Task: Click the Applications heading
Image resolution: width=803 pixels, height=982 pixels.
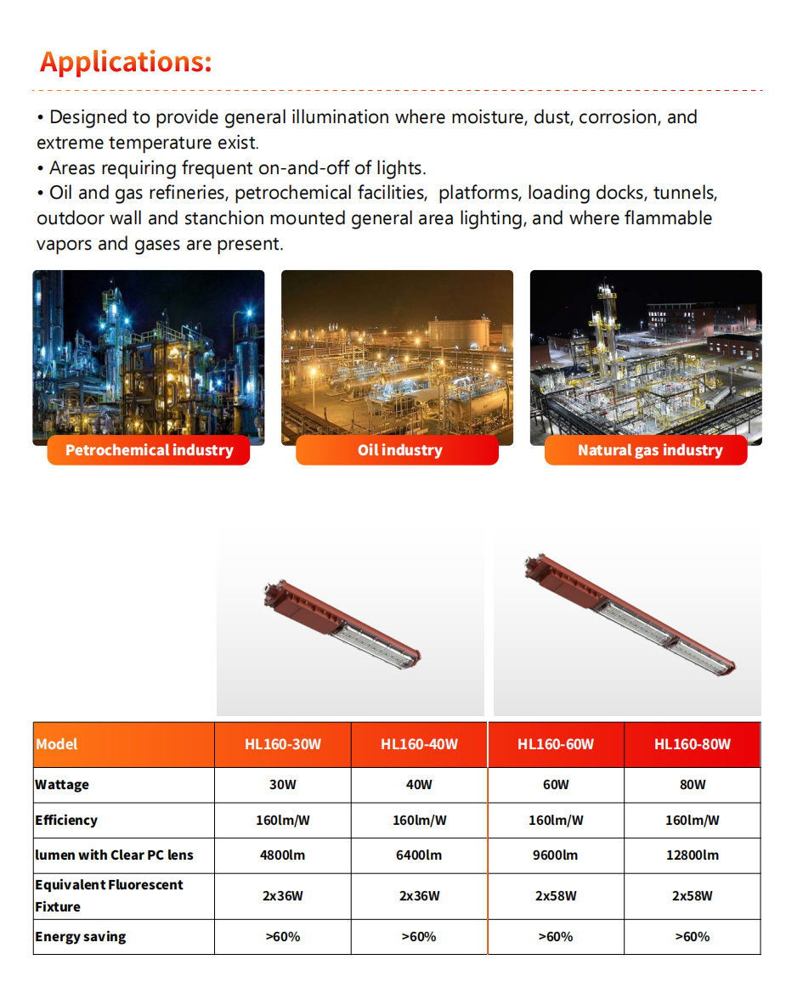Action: tap(126, 62)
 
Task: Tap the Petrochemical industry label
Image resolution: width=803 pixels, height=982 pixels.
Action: tap(149, 450)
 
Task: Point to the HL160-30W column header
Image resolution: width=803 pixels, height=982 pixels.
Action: tap(283, 744)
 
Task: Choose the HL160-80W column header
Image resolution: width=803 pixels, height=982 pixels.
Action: tap(692, 744)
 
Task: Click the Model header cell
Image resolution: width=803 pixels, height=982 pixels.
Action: tap(57, 744)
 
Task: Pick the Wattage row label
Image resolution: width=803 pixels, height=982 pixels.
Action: tap(62, 784)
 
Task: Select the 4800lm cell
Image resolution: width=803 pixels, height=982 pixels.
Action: tap(282, 855)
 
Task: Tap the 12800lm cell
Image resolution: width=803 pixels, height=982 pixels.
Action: tap(692, 855)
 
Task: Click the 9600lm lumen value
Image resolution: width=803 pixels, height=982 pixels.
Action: tap(556, 855)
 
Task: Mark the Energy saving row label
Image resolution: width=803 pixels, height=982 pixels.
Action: tap(80, 936)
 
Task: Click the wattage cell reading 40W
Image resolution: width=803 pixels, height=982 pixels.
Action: tap(419, 784)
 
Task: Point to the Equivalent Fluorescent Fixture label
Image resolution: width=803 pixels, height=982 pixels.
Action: tap(109, 895)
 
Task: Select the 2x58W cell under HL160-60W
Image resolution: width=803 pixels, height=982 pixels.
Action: tap(556, 895)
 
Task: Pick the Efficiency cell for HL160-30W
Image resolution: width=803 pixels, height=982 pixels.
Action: tap(282, 820)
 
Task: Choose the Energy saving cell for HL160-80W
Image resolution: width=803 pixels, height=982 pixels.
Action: tap(692, 936)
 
